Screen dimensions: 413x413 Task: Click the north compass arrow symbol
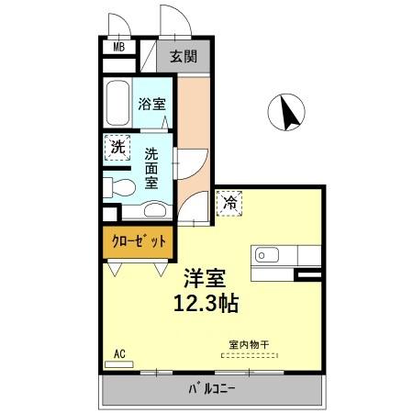pyautogui.click(x=286, y=113)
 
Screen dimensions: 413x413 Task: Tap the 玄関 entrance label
pyautogui.click(x=183, y=55)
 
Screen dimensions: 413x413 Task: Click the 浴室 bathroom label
pyautogui.click(x=151, y=104)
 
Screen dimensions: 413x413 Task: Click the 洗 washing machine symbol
pyautogui.click(x=117, y=147)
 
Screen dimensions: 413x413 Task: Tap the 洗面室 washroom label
pyautogui.click(x=151, y=169)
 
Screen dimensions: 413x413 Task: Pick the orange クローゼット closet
pyautogui.click(x=140, y=241)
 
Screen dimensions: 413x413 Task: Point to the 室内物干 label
pyautogui.click(x=249, y=347)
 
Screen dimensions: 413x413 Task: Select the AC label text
pyautogui.click(x=119, y=352)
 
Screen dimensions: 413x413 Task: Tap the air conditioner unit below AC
pyautogui.click(x=119, y=364)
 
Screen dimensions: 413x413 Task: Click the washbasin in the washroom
pyautogui.click(x=156, y=210)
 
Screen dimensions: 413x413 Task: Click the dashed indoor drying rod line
pyautogui.click(x=249, y=358)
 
